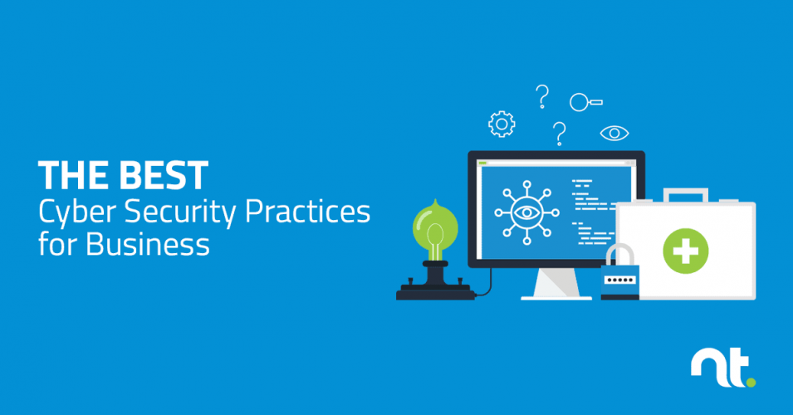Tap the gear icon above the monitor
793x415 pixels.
pyautogui.click(x=501, y=124)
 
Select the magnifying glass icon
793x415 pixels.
pyautogui.click(x=584, y=102)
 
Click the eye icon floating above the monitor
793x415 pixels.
pyautogui.click(x=614, y=132)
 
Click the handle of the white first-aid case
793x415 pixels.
pyautogui.click(x=685, y=196)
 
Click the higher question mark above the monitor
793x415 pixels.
pyautogui.click(x=543, y=95)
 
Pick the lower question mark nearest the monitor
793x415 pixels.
pyautogui.click(x=560, y=133)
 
